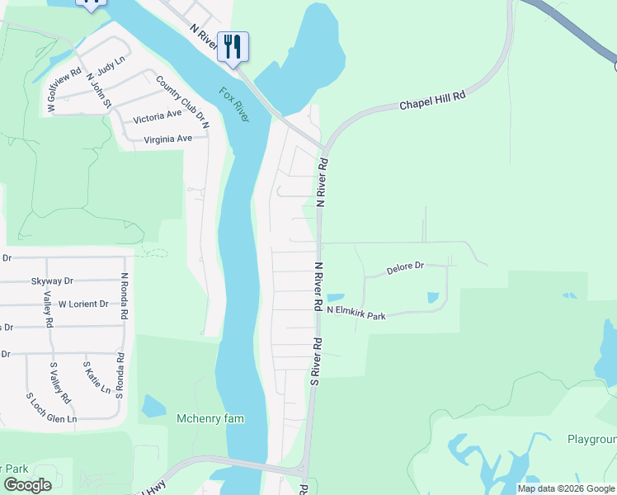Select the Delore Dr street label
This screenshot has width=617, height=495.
coord(405,268)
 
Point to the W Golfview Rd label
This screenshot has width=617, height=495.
coord(65,90)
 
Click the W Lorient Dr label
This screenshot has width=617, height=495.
coord(83,304)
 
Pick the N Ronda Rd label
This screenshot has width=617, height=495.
coord(124,296)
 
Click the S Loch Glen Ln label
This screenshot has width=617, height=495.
coord(51,408)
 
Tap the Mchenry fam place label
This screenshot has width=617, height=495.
coord(210,418)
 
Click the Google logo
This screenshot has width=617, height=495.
coord(28,485)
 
